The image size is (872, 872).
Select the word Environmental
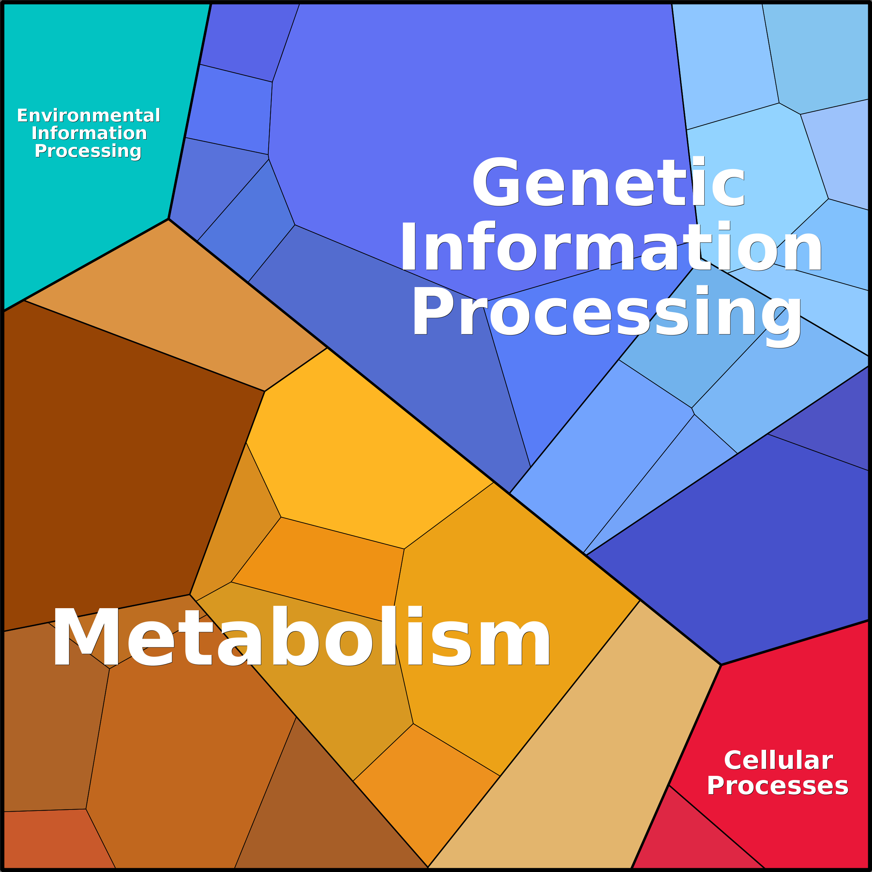tap(89, 116)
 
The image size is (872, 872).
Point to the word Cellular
tap(778, 761)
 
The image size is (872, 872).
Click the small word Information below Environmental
tap(89, 133)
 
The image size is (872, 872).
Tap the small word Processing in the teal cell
tap(88, 151)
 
